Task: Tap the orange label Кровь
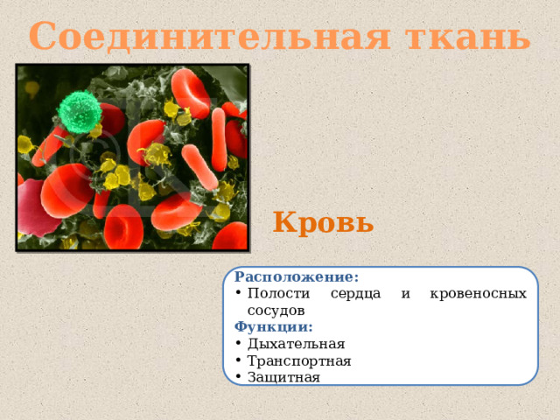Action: (323, 221)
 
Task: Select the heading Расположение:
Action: (297, 277)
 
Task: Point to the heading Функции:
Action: (274, 327)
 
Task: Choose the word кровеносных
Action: (479, 294)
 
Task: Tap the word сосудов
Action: (276, 311)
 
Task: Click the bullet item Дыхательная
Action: (296, 344)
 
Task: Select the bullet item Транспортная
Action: (299, 360)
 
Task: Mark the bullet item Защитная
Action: (283, 377)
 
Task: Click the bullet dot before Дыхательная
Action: (238, 344)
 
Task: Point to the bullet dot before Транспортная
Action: (238, 360)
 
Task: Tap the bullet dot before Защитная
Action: (238, 377)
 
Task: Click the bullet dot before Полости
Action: (238, 294)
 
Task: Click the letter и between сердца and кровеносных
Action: (406, 295)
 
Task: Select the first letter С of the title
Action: (43, 37)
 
